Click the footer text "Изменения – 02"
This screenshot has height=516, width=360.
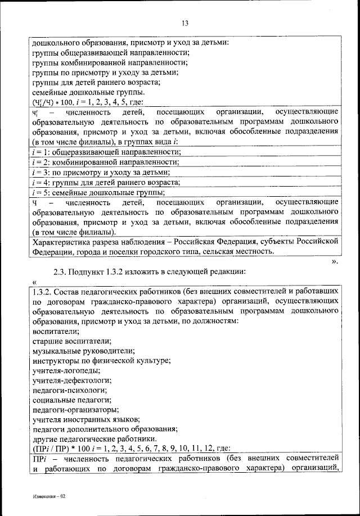49,497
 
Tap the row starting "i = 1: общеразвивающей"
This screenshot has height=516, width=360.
106,152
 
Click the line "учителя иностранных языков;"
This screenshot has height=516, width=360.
84,419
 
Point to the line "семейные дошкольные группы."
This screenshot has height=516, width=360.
88,92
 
